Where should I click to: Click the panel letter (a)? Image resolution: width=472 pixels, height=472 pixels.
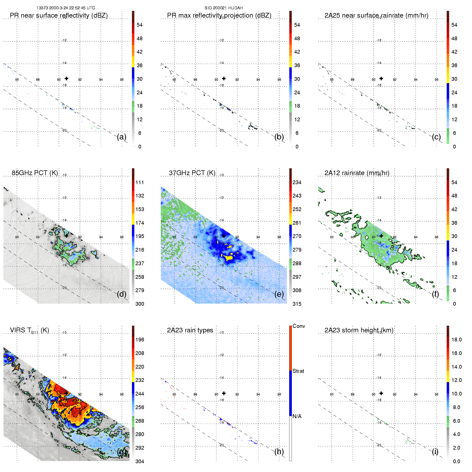pyautogui.click(x=122, y=137)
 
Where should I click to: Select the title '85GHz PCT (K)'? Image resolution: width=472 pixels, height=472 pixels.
pyautogui.click(x=35, y=173)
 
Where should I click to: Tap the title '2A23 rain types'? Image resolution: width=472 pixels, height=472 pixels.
pyautogui.click(x=190, y=330)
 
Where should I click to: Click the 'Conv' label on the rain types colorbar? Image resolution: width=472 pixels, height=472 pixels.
pyautogui.click(x=299, y=326)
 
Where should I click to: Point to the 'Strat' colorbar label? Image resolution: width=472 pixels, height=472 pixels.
pyautogui.click(x=298, y=371)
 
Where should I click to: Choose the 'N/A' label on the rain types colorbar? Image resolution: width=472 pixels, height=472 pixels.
pyautogui.click(x=297, y=416)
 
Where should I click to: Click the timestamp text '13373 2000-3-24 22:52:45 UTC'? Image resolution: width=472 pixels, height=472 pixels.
pyautogui.click(x=66, y=8)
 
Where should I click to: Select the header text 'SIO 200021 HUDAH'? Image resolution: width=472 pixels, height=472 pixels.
pyautogui.click(x=224, y=8)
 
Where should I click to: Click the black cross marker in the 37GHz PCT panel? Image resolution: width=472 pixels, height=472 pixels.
pyautogui.click(x=224, y=236)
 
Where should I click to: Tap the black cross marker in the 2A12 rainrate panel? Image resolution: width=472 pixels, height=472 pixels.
pyautogui.click(x=381, y=236)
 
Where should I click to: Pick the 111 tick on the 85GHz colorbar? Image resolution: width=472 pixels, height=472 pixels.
pyautogui.click(x=140, y=183)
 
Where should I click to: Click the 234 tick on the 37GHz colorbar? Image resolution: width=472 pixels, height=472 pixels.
pyautogui.click(x=297, y=183)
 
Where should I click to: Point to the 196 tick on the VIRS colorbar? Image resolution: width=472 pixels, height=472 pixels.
pyautogui.click(x=140, y=340)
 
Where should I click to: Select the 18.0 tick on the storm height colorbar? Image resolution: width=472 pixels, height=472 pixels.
pyautogui.click(x=457, y=340)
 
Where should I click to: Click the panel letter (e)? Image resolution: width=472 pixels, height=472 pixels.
pyautogui.click(x=279, y=294)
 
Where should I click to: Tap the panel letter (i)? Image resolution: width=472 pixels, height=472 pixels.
pyautogui.click(x=435, y=451)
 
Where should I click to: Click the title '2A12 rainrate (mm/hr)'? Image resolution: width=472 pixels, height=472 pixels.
pyautogui.click(x=357, y=173)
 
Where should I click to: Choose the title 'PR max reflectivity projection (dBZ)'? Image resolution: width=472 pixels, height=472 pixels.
pyautogui.click(x=219, y=15)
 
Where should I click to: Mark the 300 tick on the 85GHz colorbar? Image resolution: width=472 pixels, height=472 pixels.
pyautogui.click(x=140, y=304)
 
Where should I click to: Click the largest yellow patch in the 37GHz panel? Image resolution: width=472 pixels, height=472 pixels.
pyautogui.click(x=229, y=258)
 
